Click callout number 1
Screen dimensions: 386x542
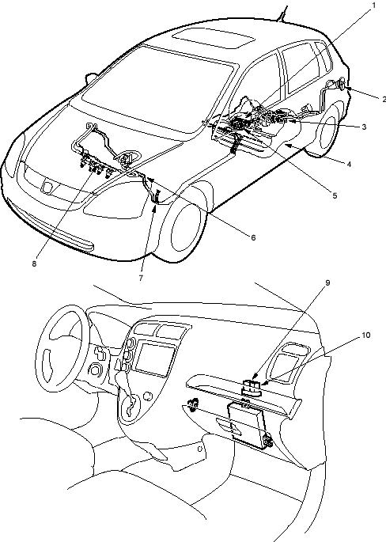[373, 6]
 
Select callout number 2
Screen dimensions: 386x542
[384, 99]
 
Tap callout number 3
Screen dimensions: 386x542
[364, 127]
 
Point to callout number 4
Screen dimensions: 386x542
[349, 165]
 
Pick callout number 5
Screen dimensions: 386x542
[335, 195]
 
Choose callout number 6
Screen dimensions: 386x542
[253, 237]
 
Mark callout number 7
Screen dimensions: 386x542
[141, 278]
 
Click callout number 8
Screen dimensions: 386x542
[34, 263]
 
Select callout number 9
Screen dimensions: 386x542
[327, 282]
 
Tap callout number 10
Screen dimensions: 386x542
[365, 335]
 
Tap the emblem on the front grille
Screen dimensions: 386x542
[47, 187]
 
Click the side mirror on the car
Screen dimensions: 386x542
[90, 77]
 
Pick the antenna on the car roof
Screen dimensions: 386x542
[284, 13]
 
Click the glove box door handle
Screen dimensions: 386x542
[230, 426]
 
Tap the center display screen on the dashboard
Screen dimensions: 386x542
[155, 358]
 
